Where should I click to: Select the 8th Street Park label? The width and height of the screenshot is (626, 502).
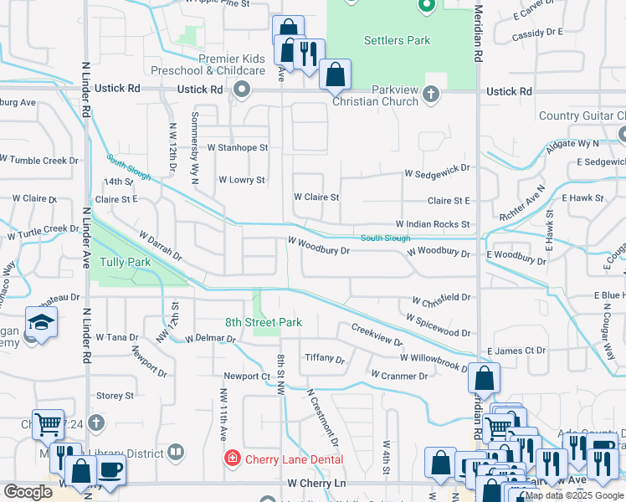(x=263, y=322)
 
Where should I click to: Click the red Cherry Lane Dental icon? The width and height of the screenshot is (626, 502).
(x=232, y=458)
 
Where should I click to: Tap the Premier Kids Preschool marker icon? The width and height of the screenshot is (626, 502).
(x=243, y=90)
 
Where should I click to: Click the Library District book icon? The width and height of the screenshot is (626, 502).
(x=175, y=453)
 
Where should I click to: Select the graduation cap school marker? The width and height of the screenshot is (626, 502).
(x=40, y=322)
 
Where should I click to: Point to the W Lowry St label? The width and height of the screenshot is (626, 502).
(x=241, y=180)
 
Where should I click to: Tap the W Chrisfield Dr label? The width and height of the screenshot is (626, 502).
(x=441, y=298)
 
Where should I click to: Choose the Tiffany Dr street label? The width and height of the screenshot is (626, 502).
(x=324, y=359)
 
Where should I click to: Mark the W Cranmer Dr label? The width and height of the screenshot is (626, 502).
(x=399, y=376)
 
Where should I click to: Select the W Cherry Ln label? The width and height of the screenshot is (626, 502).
(x=316, y=484)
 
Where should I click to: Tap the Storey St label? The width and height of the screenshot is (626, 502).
(x=115, y=396)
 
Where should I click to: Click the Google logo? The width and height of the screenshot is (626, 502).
(x=28, y=492)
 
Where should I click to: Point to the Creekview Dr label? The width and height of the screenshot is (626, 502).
(x=377, y=335)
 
